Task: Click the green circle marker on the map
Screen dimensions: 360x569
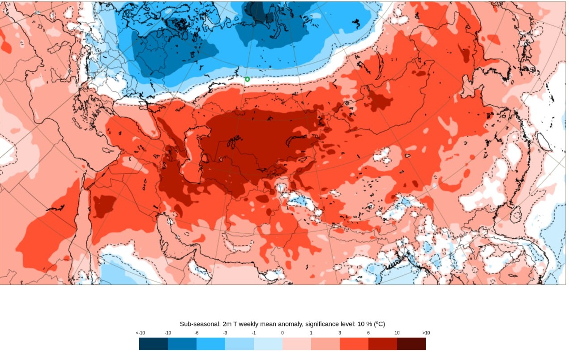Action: coord(247,79)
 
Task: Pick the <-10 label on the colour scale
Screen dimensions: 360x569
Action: coord(140,333)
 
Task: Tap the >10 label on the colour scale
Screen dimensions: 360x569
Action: coord(425,333)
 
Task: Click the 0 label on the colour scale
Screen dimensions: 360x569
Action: coord(282,333)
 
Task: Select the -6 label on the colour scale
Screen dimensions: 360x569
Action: coord(197,333)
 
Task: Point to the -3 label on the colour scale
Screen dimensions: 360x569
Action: coord(225,333)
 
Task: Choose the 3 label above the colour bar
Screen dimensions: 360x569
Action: coord(340,333)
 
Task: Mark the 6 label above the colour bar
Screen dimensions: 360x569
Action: coord(368,333)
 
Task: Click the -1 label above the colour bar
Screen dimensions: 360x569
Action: coord(254,333)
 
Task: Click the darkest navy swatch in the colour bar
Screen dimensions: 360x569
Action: coord(154,344)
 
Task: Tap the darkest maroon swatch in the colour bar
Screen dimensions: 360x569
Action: coord(411,344)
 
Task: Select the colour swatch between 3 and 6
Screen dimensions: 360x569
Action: coord(354,344)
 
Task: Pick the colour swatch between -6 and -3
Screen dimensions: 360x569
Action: coord(211,344)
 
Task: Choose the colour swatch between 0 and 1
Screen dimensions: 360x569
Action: coord(297,344)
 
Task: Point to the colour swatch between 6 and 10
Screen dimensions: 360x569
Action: coord(383,344)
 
